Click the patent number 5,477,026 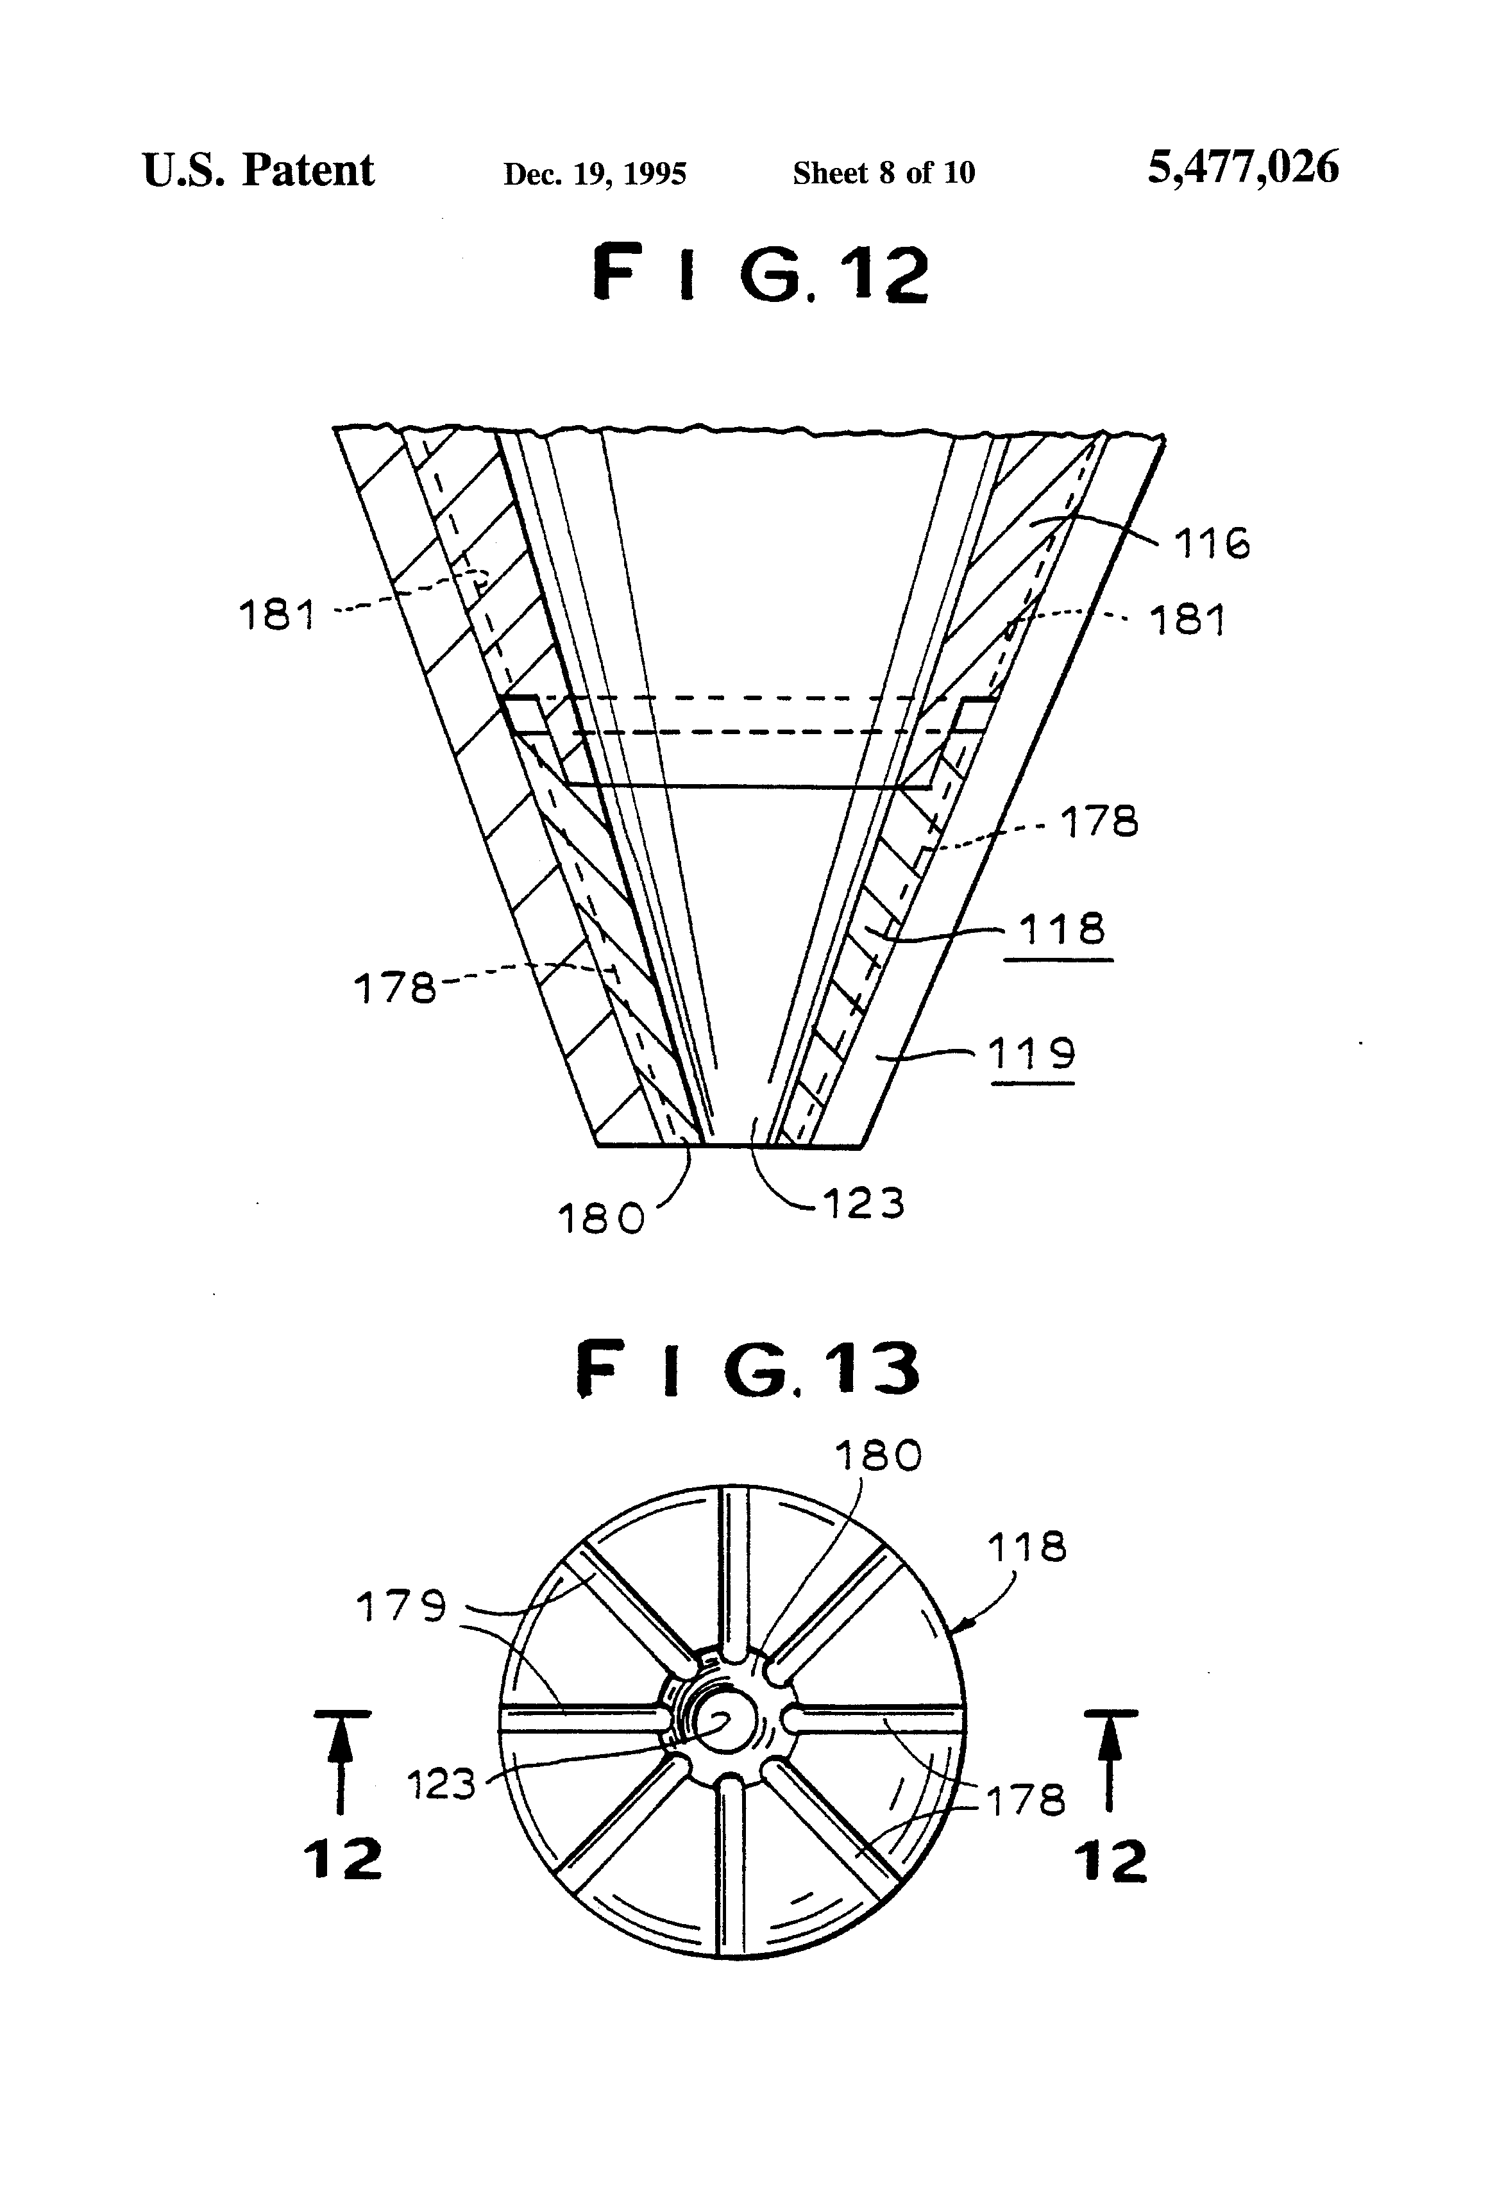click(x=1242, y=168)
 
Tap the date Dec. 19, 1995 click(x=595, y=174)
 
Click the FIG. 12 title click(x=760, y=274)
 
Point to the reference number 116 click(x=1212, y=544)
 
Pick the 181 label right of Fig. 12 click(x=1188, y=621)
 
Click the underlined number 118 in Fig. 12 click(x=1061, y=929)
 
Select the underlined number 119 click(x=1031, y=1054)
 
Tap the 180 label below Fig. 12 click(x=601, y=1219)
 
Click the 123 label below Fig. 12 click(x=863, y=1203)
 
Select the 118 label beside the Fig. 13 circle click(x=1026, y=1546)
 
